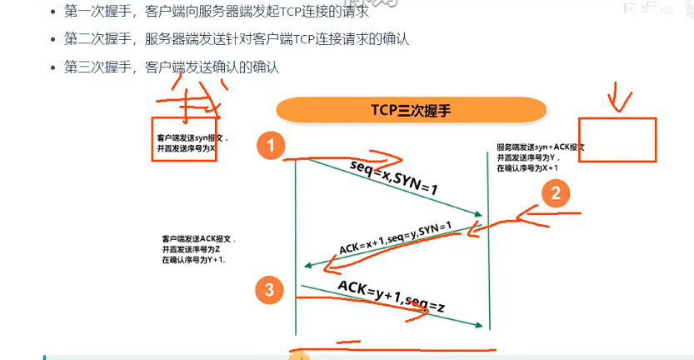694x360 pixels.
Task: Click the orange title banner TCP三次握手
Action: pos(411,110)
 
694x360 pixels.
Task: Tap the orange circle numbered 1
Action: pos(270,146)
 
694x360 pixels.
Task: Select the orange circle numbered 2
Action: pos(556,193)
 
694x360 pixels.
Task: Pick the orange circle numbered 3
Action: pos(268,289)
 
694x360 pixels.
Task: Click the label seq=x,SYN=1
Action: pos(393,177)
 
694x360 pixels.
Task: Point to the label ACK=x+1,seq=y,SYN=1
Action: pos(395,237)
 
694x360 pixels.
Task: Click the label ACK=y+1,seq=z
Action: pos(391,297)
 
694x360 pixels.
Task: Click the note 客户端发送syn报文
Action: pos(191,137)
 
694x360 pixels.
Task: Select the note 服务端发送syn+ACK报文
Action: pos(540,146)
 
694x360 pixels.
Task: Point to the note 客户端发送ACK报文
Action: pos(197,238)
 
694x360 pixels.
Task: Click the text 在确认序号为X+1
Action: pos(527,167)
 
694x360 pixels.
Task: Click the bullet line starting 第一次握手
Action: pos(217,12)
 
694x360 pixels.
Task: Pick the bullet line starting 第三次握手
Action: pos(171,67)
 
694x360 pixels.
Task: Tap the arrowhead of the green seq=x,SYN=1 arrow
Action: pos(482,216)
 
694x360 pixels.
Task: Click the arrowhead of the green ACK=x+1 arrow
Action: pos(307,265)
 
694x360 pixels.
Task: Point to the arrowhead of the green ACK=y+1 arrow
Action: pos(482,325)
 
